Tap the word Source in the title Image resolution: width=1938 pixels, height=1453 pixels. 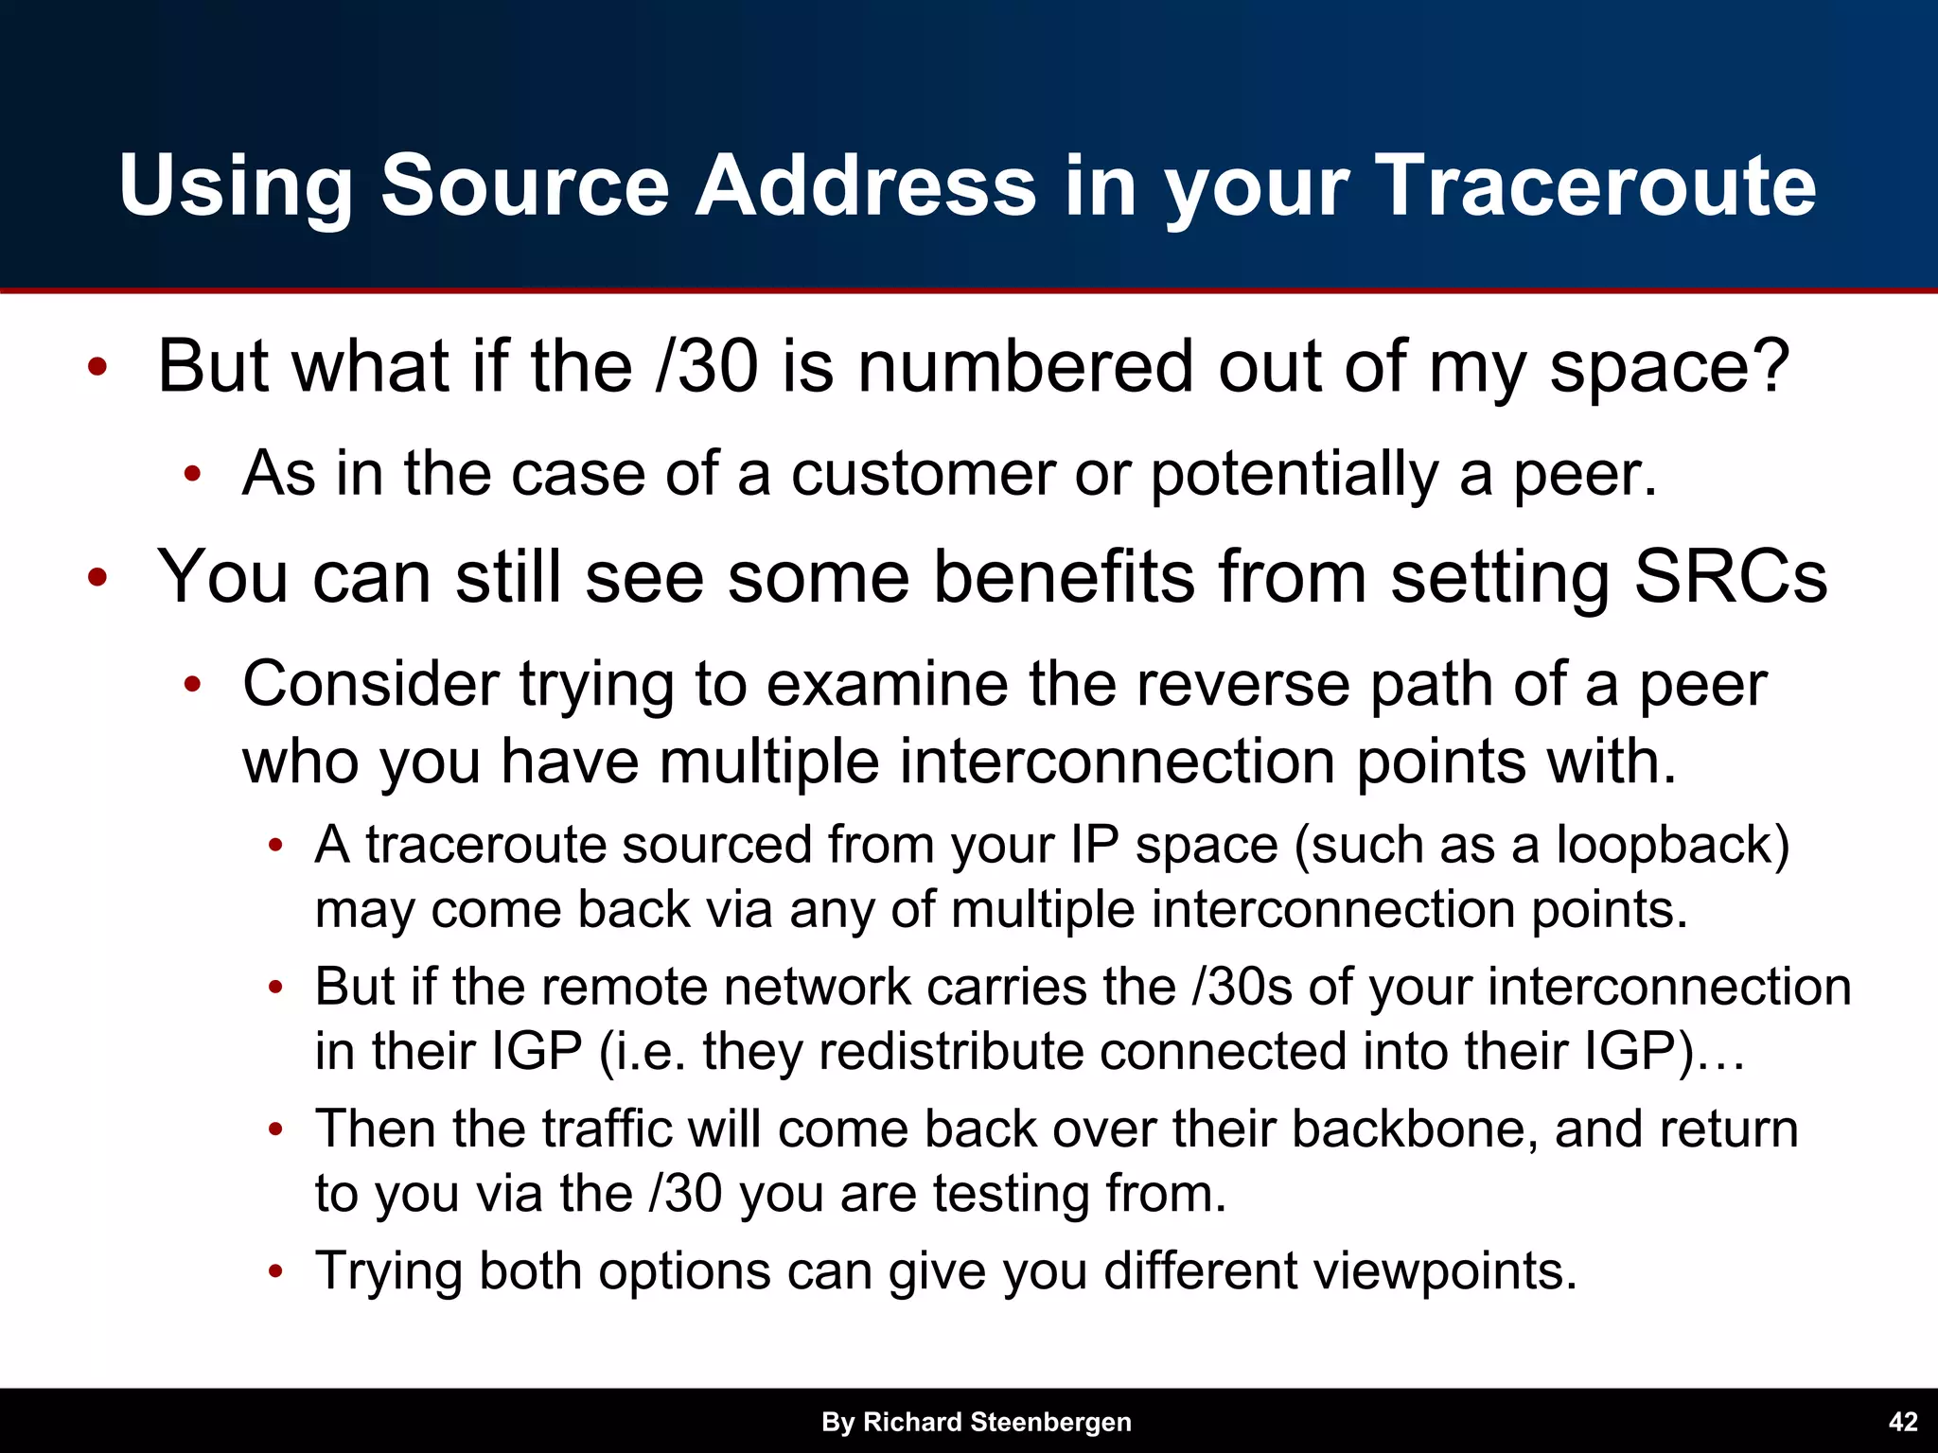(526, 185)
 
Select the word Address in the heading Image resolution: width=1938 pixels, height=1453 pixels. (866, 185)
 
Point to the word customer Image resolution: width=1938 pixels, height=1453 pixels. (922, 473)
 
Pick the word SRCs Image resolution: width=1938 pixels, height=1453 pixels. (1731, 576)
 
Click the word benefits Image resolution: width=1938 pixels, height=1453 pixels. (1064, 576)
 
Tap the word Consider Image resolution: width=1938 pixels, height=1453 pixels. (370, 683)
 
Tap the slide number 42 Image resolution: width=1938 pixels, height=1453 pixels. (1902, 1422)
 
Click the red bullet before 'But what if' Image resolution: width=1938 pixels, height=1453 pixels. (97, 367)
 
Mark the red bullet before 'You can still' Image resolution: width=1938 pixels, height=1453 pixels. (97, 577)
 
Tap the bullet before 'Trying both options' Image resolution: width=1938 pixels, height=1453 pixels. (275, 1271)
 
